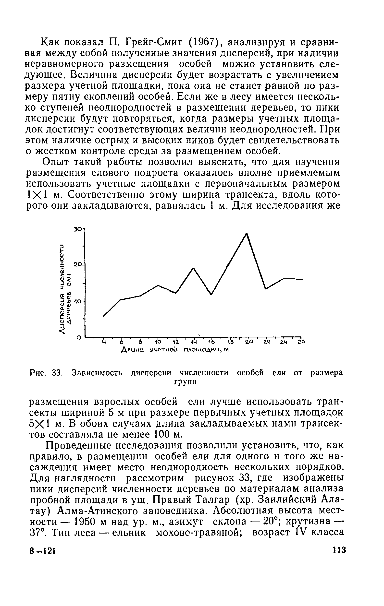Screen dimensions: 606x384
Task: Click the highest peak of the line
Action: click(247, 234)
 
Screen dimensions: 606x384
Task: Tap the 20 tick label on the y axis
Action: click(77, 264)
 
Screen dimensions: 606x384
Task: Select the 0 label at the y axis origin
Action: click(79, 338)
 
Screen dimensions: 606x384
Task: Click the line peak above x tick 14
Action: click(194, 268)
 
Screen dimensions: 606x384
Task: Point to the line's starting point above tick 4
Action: click(103, 317)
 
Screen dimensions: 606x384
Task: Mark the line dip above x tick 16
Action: click(211, 295)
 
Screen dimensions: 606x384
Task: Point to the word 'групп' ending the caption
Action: click(185, 382)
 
